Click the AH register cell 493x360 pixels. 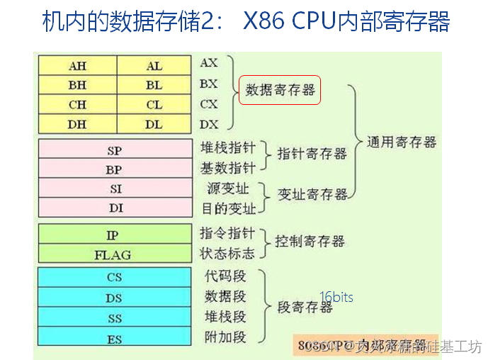click(77, 65)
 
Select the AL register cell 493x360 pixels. click(154, 65)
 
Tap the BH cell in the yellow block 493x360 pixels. click(77, 84)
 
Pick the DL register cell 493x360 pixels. click(154, 123)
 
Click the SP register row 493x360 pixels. click(114, 150)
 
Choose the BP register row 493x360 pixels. click(114, 169)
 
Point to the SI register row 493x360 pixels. click(114, 189)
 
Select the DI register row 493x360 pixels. click(114, 208)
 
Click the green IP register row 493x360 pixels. click(114, 235)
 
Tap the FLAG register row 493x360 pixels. click(114, 254)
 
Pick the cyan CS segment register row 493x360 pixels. click(114, 278)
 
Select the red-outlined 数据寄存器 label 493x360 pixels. click(280, 90)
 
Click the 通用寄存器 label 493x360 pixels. click(402, 142)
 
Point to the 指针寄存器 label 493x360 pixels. click(312, 154)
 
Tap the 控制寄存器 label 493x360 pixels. click(310, 242)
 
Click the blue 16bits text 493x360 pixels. click(336, 297)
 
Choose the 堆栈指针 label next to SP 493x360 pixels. click(228, 148)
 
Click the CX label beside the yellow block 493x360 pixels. click(209, 103)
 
